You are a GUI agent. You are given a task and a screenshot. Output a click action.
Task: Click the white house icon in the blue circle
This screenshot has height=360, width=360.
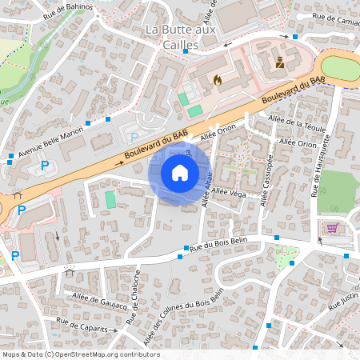[x=180, y=173]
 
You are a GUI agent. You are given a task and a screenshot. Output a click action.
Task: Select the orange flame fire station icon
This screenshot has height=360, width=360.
[x=216, y=80]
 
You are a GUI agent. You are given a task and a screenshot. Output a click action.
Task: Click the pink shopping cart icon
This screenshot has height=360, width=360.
[x=332, y=228]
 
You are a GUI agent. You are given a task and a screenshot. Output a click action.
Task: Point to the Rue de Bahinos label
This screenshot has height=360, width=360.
[x=69, y=8]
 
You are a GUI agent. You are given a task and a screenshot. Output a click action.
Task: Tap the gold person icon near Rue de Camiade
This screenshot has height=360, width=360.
[x=279, y=62]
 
